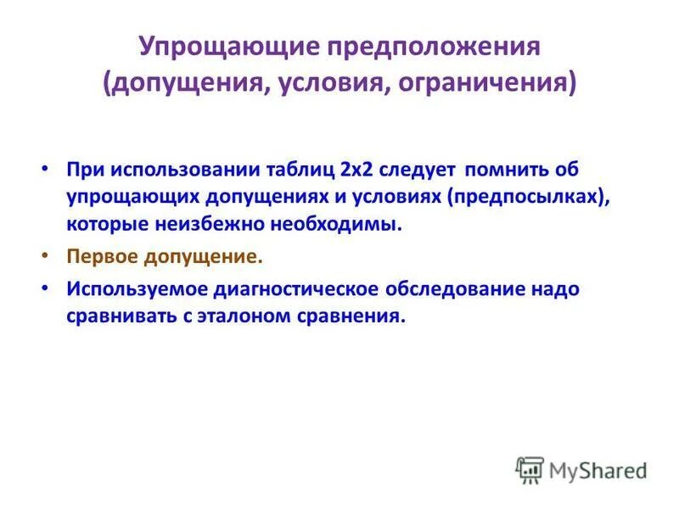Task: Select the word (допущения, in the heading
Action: tap(179, 85)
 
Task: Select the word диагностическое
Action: tap(293, 288)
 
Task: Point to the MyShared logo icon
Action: tap(529, 470)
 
